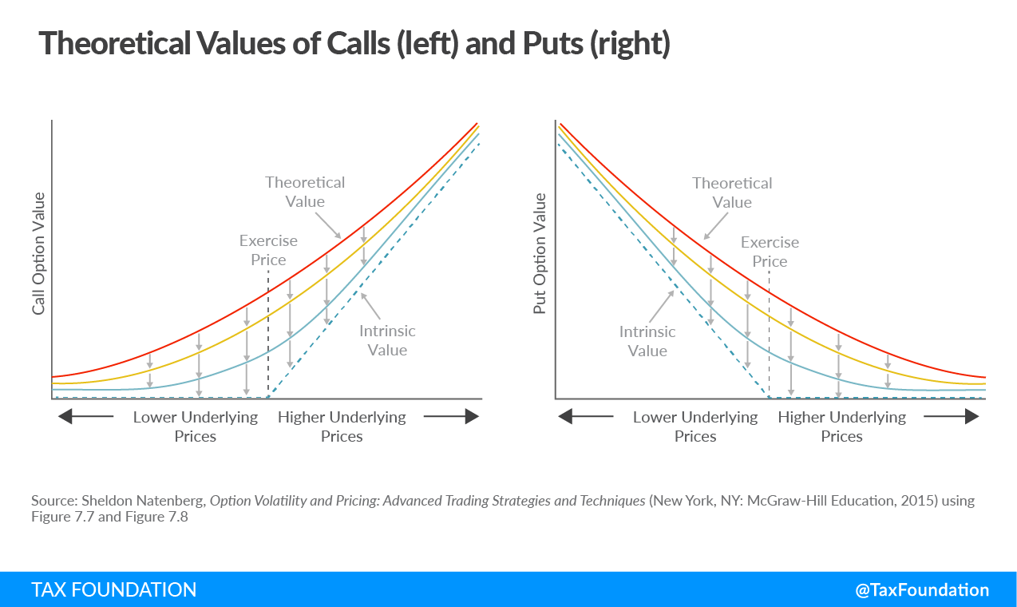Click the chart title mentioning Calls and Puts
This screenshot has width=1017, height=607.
[354, 44]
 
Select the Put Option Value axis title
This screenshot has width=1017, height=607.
[540, 253]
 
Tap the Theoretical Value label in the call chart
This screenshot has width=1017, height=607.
[305, 192]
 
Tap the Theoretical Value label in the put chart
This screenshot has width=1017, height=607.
[732, 192]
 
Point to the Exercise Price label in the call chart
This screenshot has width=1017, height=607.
[268, 250]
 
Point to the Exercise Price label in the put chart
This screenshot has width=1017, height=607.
[770, 252]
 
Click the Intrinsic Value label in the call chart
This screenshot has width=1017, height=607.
[387, 340]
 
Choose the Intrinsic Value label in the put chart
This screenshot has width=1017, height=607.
[647, 341]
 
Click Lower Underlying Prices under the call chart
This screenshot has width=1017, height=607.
[196, 426]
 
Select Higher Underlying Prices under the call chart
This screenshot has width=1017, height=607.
[342, 426]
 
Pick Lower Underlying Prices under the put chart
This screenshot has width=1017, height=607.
[695, 426]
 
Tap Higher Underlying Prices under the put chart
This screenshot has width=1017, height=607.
[842, 426]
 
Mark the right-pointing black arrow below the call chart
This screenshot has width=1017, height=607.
[451, 416]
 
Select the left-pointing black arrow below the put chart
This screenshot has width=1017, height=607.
[586, 416]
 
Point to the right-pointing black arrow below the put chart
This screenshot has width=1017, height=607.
[951, 416]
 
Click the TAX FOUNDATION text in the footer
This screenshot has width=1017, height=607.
[114, 590]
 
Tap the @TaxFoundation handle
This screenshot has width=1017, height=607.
[922, 590]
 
